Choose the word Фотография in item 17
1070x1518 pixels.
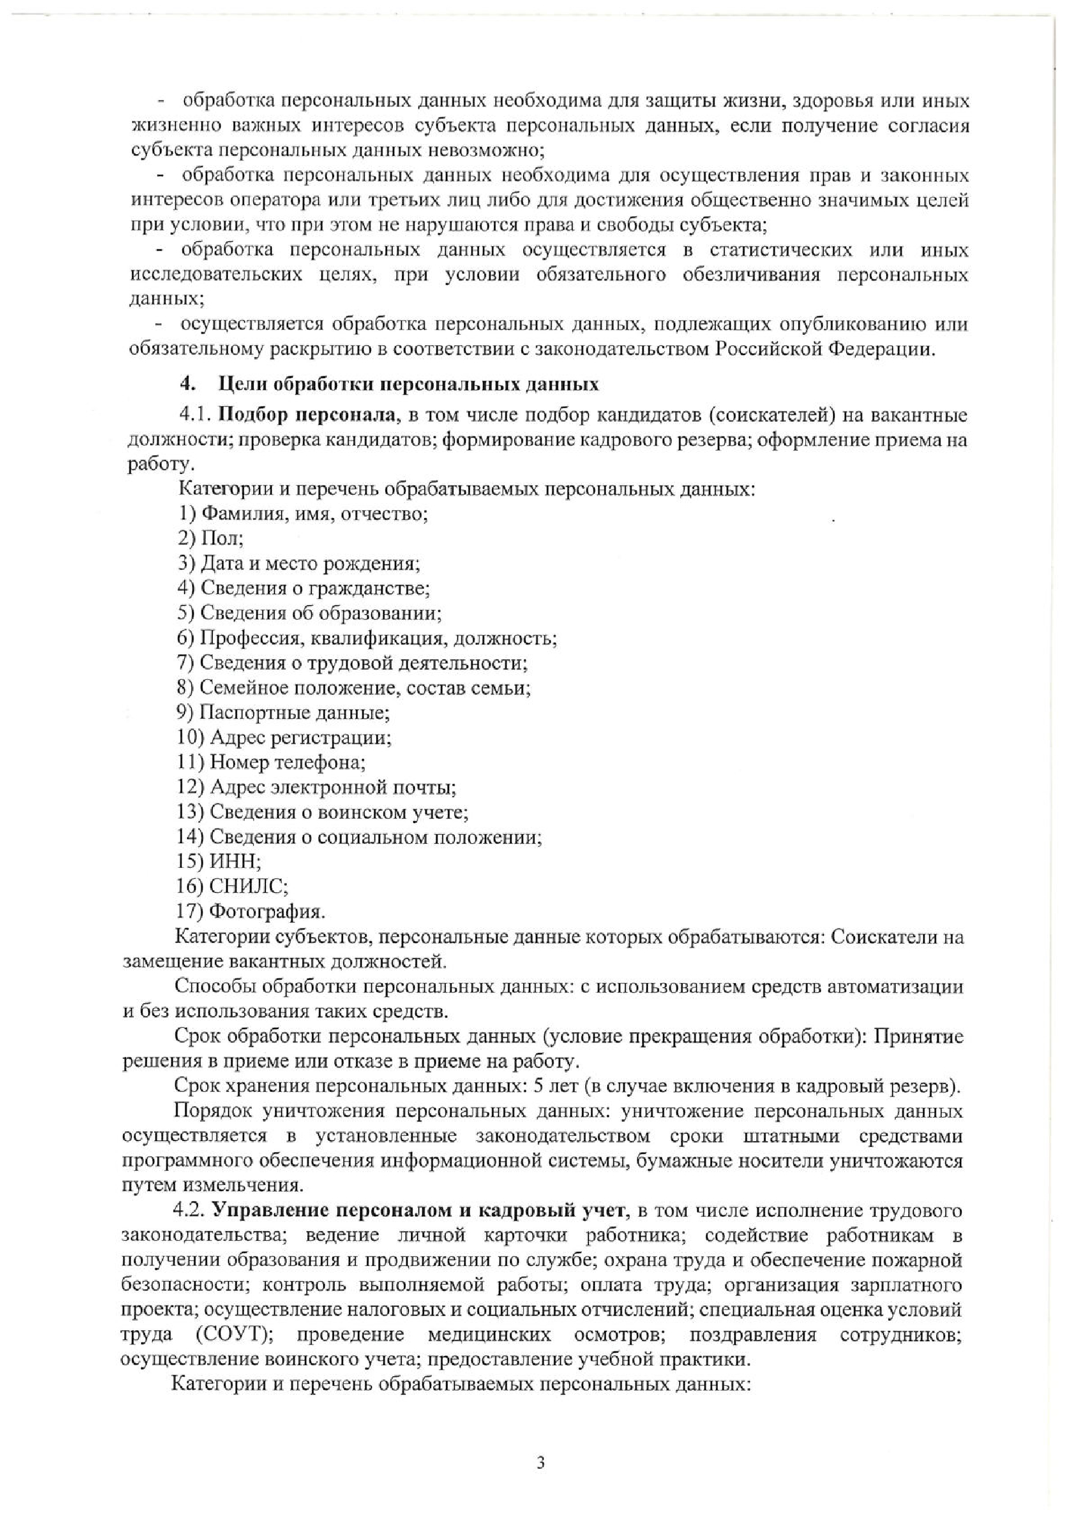(x=266, y=912)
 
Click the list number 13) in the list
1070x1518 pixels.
(x=190, y=812)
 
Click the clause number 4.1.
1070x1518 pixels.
(x=195, y=416)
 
